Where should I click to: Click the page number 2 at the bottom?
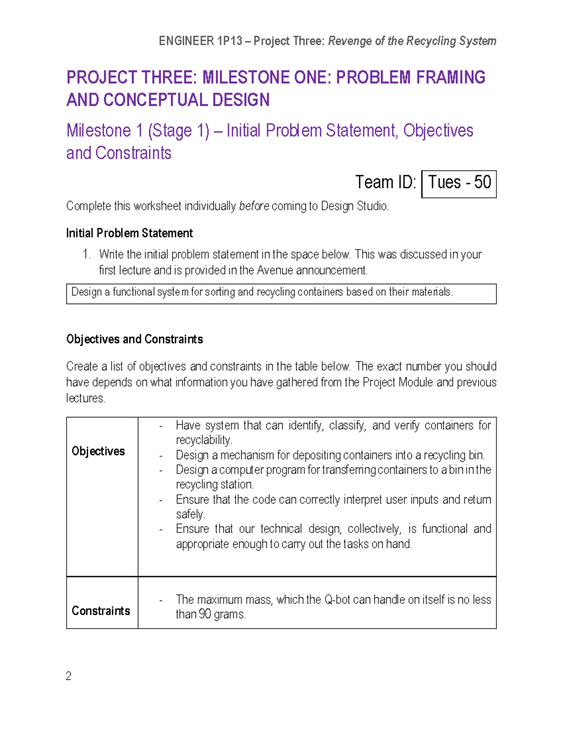pos(68,676)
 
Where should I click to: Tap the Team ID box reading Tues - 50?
pos(459,183)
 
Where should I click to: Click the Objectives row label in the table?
pos(98,451)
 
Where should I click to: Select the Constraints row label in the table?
pos(101,611)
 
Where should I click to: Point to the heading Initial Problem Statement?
pos(129,233)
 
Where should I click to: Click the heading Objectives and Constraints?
pos(135,339)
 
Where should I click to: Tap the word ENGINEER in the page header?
pos(186,41)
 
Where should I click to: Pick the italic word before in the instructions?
pos(254,206)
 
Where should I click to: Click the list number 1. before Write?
pos(86,254)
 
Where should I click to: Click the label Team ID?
pos(386,182)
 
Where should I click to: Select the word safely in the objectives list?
pos(190,514)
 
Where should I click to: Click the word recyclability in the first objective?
pos(204,440)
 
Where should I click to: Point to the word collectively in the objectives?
pos(374,529)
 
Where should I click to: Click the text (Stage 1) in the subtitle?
pos(178,131)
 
